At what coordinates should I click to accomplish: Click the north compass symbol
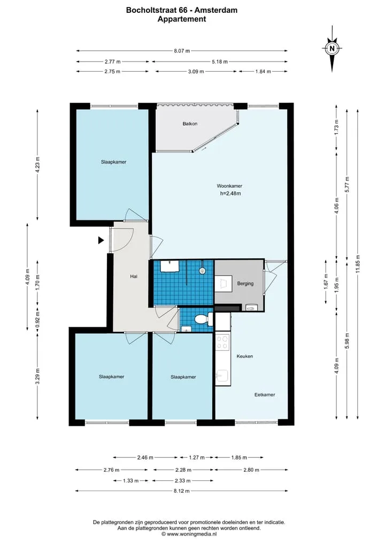pos(332,49)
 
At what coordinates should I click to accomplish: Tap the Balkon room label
pos(190,124)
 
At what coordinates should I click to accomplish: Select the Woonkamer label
pos(229,186)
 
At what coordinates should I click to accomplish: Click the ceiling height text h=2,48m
pos(230,194)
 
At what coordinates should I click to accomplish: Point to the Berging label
pos(245,284)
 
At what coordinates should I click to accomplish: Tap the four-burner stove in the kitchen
pos(222,342)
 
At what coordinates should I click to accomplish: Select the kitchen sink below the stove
pos(222,376)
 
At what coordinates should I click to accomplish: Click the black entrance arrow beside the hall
pos(101,240)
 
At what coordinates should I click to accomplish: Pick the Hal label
pos(134,277)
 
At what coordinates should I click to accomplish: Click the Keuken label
pos(244,356)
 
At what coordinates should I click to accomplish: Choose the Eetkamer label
pos(265,394)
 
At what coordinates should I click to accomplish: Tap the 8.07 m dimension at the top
pos(182,51)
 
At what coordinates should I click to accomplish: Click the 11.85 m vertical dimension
pos(358,264)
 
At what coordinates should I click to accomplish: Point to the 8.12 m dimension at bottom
pos(182,491)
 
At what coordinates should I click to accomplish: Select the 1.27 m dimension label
pos(197,457)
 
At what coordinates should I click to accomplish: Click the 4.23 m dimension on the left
pos(37,164)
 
